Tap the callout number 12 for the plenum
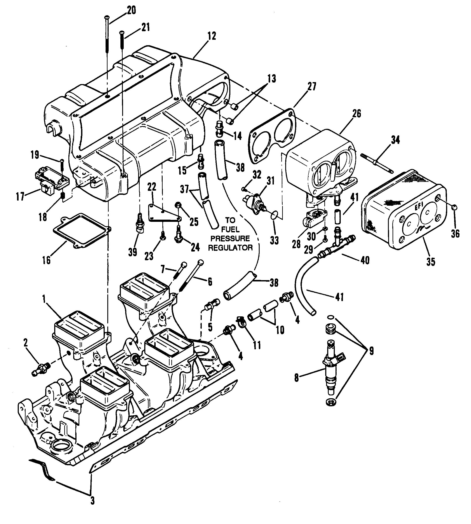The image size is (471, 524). pyautogui.click(x=211, y=36)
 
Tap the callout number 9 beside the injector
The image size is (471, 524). pyautogui.click(x=371, y=351)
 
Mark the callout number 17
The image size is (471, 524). pyautogui.click(x=20, y=197)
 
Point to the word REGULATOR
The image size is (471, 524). pyautogui.click(x=230, y=247)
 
